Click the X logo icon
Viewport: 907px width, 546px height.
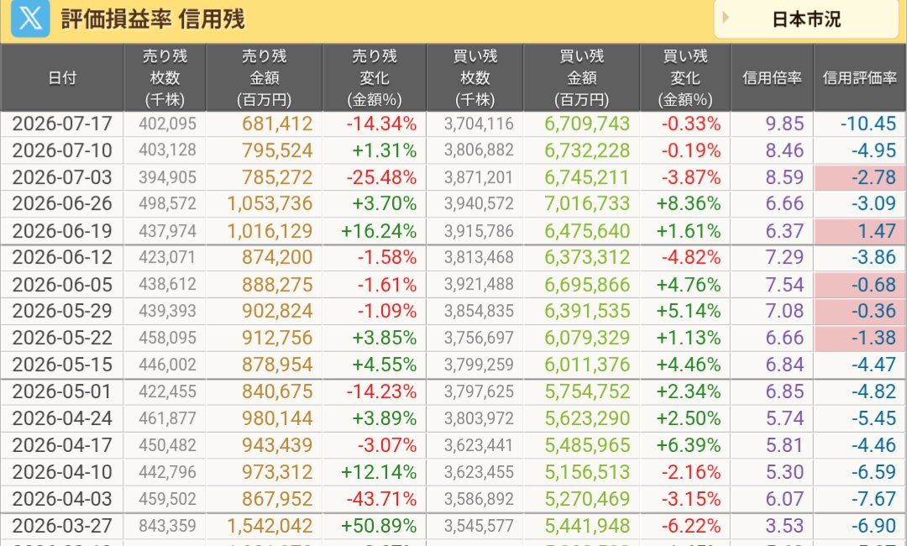[x=30, y=18]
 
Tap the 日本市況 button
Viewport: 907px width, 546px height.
[x=805, y=19]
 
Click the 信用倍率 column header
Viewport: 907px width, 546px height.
[x=772, y=77]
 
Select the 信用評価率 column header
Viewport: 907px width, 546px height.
[x=860, y=77]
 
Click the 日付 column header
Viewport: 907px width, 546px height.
[x=62, y=77]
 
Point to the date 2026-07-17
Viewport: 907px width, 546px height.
[x=62, y=123]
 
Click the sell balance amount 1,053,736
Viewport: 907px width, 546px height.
[x=270, y=203]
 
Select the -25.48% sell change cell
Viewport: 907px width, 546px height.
[x=381, y=177]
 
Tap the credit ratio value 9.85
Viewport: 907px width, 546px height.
[x=784, y=123]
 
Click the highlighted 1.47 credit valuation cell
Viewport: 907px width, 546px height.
[x=860, y=231]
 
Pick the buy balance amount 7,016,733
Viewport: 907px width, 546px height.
[x=586, y=203]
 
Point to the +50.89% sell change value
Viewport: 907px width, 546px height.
[x=378, y=526]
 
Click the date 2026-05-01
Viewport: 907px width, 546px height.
[x=61, y=391]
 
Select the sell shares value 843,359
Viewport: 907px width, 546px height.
[x=167, y=526]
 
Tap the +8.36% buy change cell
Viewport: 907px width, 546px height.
[x=689, y=203]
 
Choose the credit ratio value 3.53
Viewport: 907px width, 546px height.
[x=784, y=526]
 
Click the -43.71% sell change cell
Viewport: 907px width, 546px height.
[x=381, y=499]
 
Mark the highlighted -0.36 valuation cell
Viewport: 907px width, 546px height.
[x=860, y=311]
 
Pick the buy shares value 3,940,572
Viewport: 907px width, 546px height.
[x=479, y=203]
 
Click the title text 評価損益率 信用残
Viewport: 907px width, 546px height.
[x=153, y=19]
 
